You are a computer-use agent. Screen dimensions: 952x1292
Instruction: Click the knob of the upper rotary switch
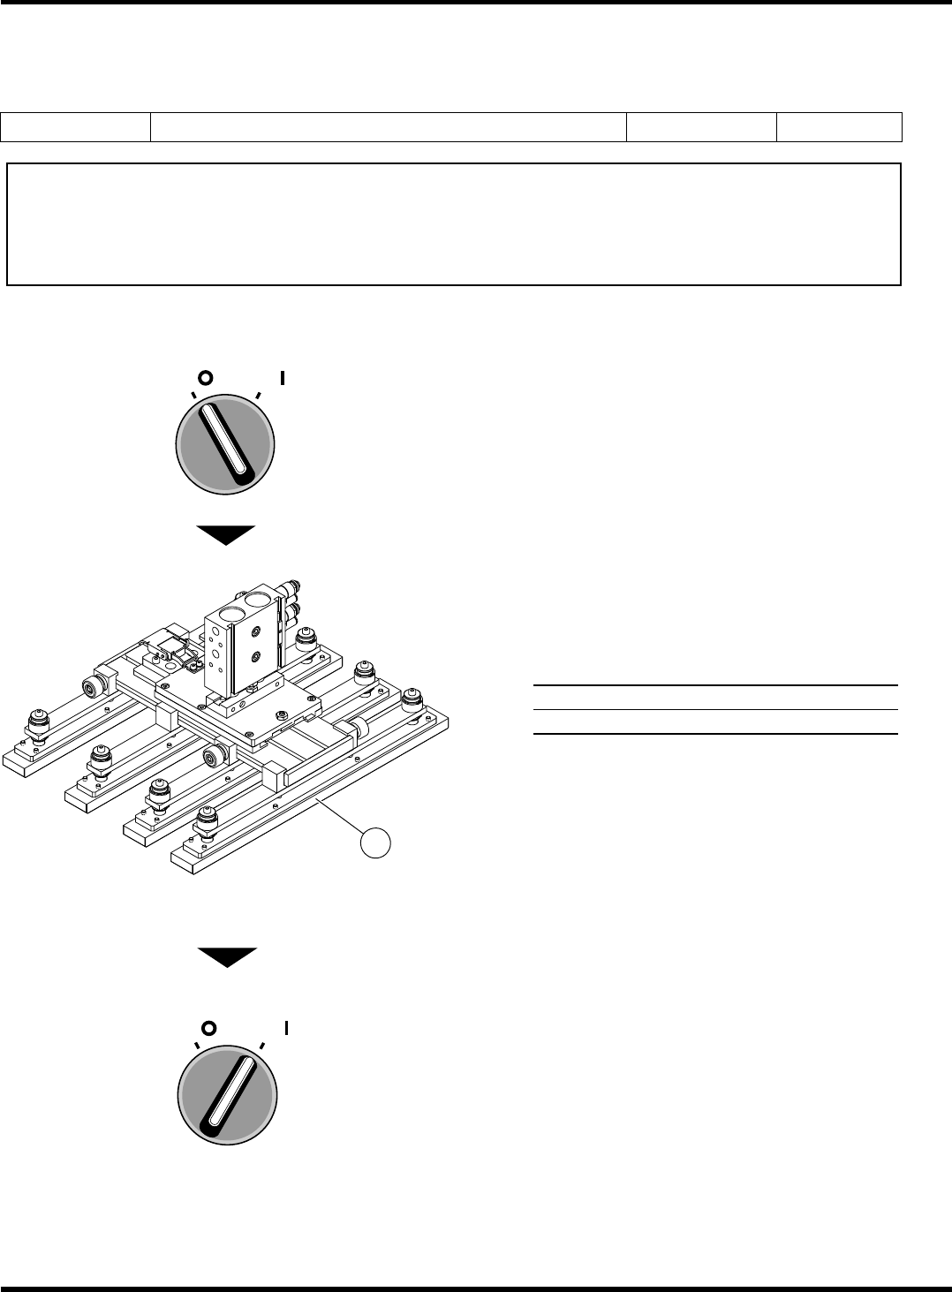click(x=226, y=444)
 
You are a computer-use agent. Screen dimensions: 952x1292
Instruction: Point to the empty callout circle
click(x=375, y=842)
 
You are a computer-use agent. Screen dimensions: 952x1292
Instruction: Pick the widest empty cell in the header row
click(x=388, y=127)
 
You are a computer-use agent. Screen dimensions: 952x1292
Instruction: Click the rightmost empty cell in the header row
click(x=839, y=127)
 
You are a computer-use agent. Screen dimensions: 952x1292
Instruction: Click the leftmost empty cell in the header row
click(x=75, y=127)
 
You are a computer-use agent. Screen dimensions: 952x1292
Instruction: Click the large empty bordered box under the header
click(x=453, y=223)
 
